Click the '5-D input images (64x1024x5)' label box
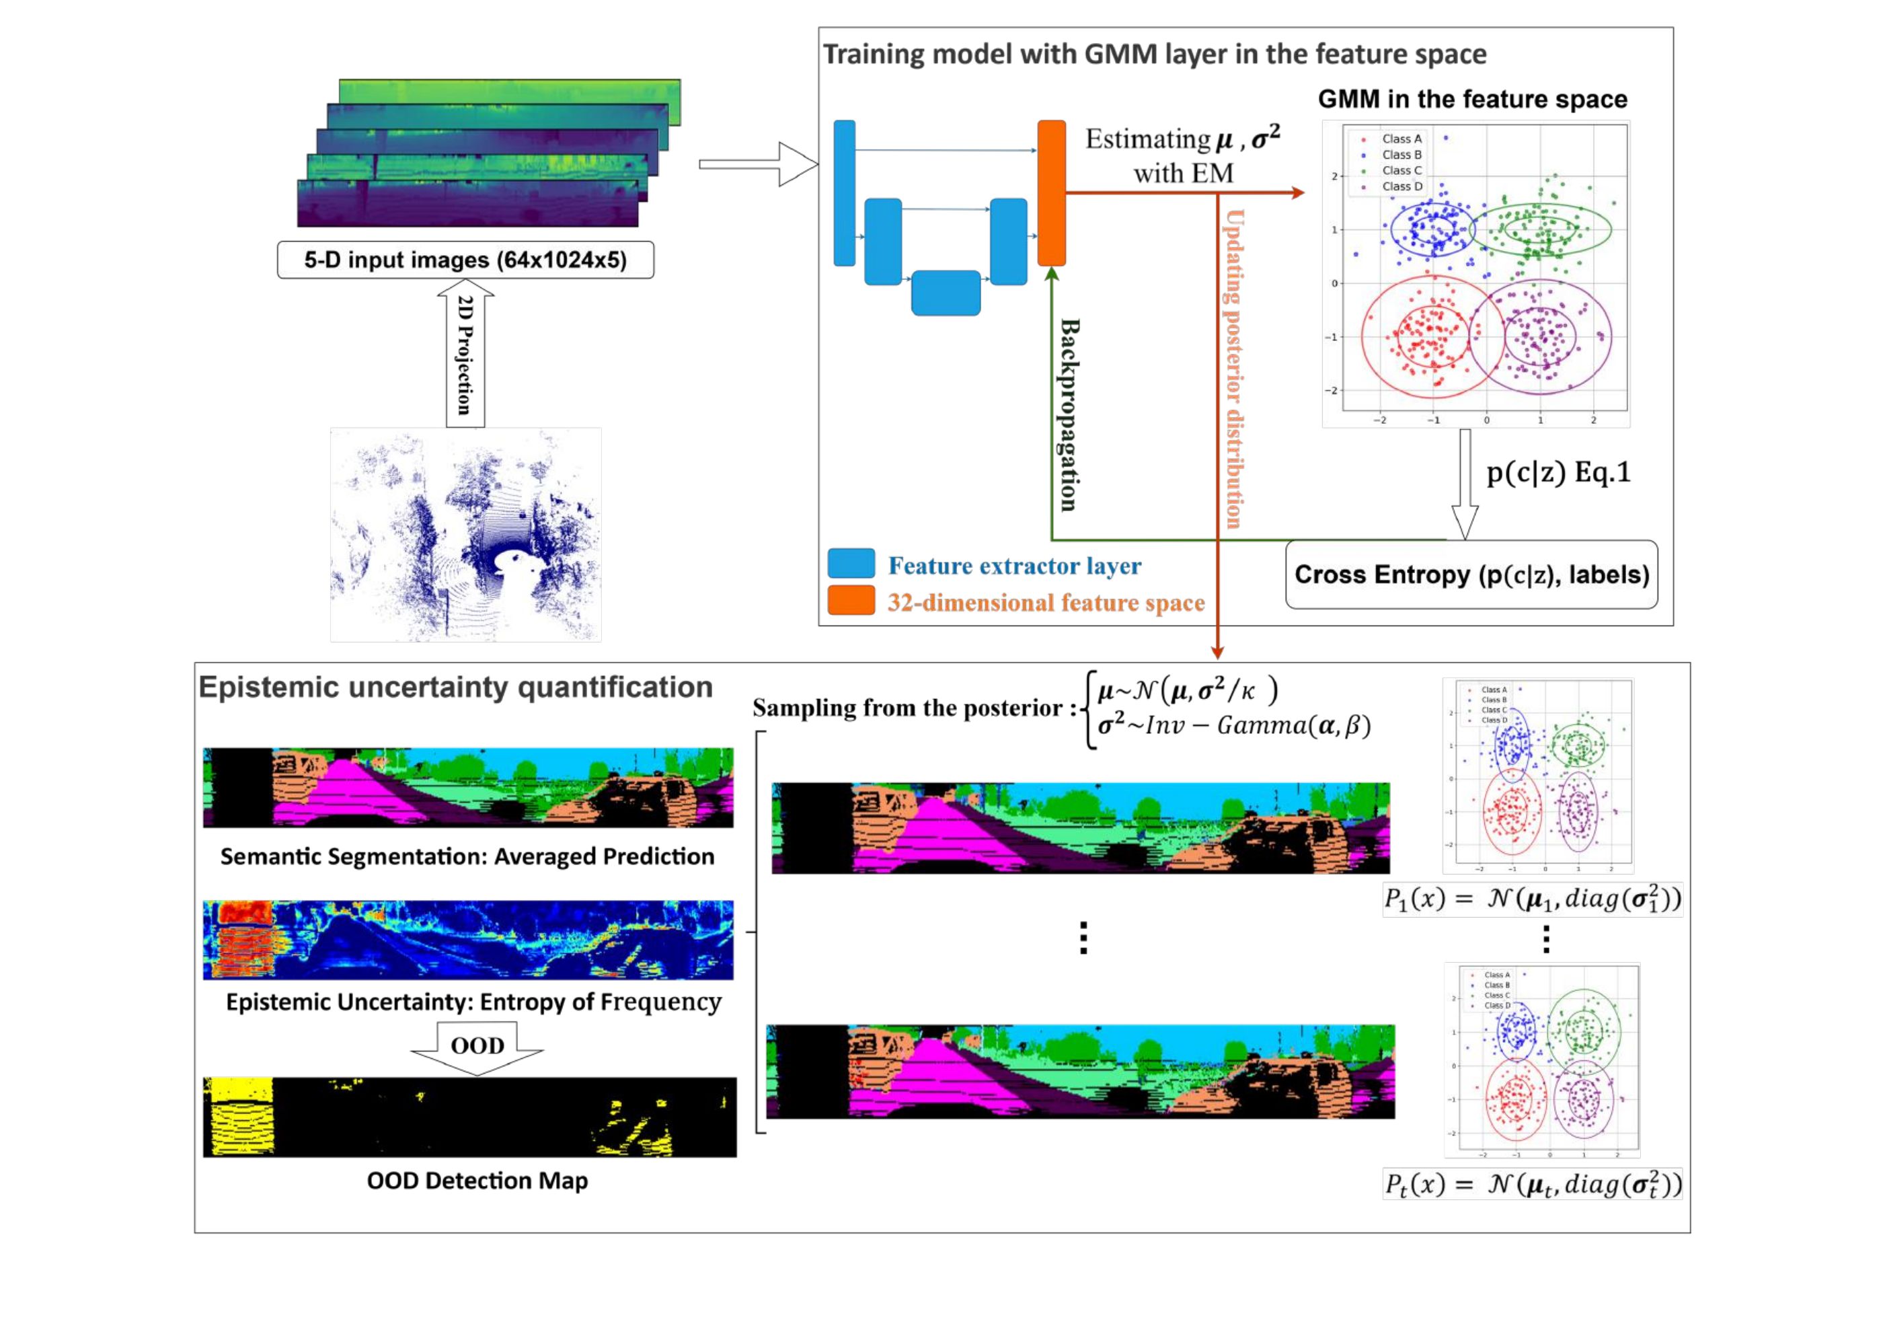coord(465,260)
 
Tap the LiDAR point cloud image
coord(465,535)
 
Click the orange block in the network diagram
coord(1051,193)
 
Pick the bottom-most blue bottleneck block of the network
coord(946,293)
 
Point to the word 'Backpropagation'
coord(1069,414)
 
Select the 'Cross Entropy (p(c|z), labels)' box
coord(1471,574)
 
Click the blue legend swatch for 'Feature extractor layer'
coord(851,564)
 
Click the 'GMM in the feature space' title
coord(1472,100)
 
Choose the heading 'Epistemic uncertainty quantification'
coord(456,688)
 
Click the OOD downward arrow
coord(477,1047)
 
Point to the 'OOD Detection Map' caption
coord(477,1181)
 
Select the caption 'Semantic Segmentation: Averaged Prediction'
coord(467,856)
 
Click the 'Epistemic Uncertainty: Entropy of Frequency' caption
coord(474,1002)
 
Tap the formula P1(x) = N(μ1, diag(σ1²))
coord(1532,899)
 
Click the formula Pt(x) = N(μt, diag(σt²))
coord(1532,1185)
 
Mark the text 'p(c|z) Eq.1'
coord(1558,473)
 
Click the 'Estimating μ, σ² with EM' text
coord(1183,156)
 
